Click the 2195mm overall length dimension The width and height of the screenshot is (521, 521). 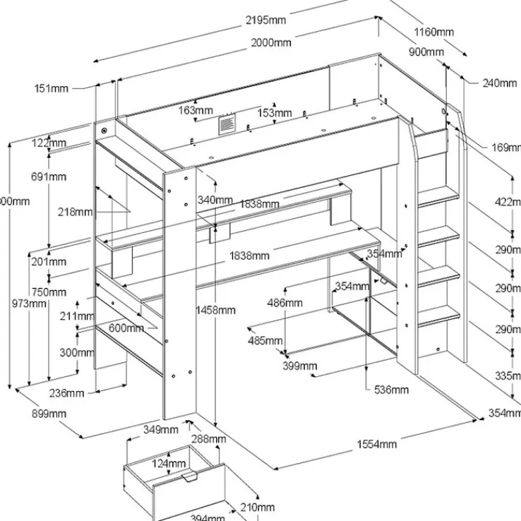(x=265, y=20)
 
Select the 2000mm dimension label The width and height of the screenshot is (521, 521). (x=272, y=43)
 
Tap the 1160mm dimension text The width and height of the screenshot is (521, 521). (x=434, y=32)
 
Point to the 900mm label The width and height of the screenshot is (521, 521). (x=426, y=52)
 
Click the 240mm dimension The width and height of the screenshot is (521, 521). (x=500, y=83)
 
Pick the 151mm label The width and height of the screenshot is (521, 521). (x=51, y=88)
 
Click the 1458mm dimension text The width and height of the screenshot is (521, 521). (x=216, y=310)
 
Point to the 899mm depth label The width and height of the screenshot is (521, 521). (x=49, y=413)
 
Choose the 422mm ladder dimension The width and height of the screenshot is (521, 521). (x=507, y=203)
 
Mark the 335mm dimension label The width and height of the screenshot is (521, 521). (x=507, y=376)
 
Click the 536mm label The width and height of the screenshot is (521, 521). (x=390, y=390)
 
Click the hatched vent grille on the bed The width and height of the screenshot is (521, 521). (x=227, y=124)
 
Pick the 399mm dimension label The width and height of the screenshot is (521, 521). (x=299, y=366)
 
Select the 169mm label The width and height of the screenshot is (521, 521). (x=506, y=148)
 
